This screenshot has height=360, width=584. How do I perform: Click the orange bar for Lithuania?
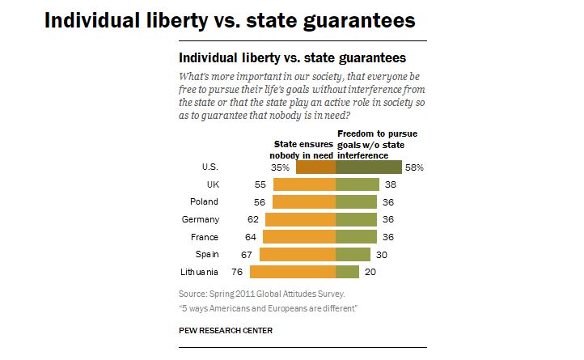[293, 272]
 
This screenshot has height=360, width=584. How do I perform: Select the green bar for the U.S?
[368, 167]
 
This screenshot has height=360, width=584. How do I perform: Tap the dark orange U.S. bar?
[315, 167]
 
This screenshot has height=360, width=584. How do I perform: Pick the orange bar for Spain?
[297, 254]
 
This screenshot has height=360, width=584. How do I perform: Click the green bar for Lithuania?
[347, 272]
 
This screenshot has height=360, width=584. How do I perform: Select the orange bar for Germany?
[299, 219]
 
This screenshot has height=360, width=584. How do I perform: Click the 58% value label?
[413, 167]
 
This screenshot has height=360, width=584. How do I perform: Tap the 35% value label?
[280, 167]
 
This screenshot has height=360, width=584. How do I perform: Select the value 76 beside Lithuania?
[237, 272]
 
